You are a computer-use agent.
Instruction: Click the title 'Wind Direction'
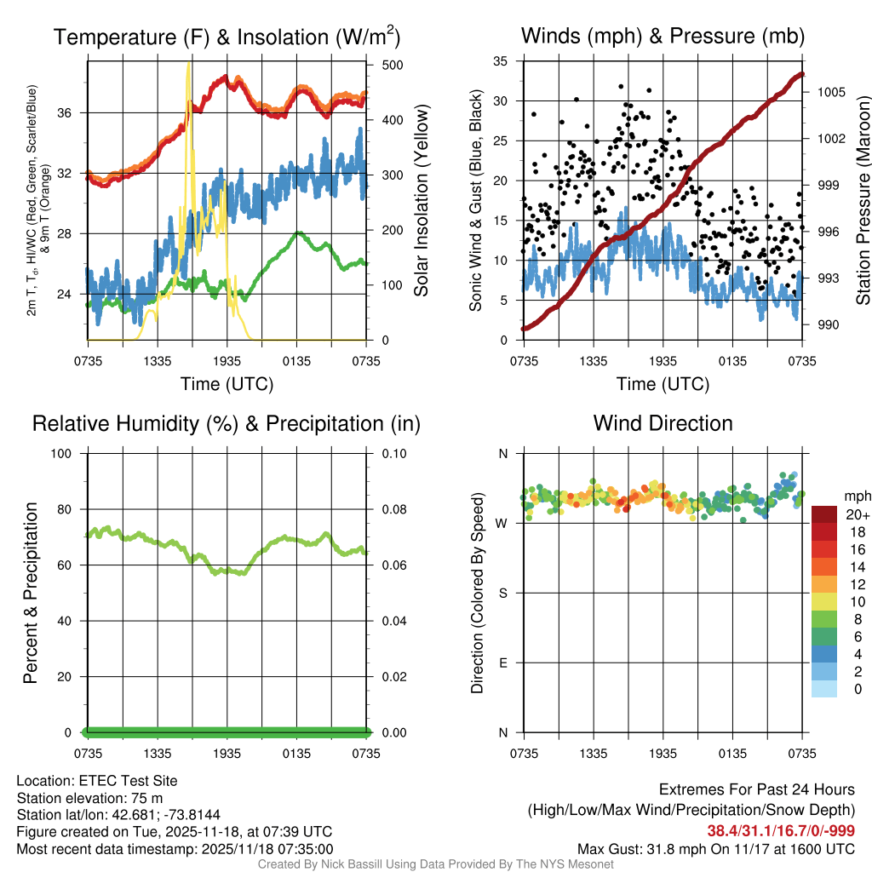[x=663, y=423]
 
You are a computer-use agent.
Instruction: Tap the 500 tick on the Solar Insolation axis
[x=393, y=65]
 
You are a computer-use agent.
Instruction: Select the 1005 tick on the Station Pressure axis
[x=829, y=91]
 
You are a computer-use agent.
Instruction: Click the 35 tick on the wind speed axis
[x=501, y=61]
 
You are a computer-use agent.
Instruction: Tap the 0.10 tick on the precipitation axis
[x=393, y=454]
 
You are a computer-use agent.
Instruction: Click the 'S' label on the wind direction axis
[x=502, y=593]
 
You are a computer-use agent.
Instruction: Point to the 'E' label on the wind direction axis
[x=502, y=663]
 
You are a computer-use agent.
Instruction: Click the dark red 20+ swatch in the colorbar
[x=823, y=514]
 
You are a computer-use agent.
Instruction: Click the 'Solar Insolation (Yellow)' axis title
[x=422, y=200]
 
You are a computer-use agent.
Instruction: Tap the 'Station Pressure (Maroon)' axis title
[x=863, y=200]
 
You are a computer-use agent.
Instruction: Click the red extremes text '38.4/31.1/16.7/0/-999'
[x=781, y=831]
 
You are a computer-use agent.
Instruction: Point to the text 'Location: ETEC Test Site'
[x=97, y=780]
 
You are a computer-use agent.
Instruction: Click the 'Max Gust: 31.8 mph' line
[x=716, y=849]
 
